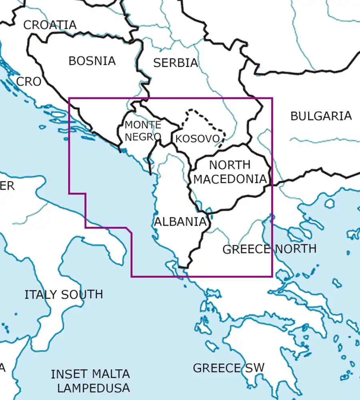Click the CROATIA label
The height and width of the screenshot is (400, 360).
pos(50,25)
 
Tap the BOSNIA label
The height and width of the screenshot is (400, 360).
pos(92,61)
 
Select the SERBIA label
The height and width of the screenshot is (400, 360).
pos(176,63)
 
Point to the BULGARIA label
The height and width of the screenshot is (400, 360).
pos(321,116)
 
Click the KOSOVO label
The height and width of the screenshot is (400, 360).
pos(198,139)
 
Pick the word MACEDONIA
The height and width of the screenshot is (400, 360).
pos(230,179)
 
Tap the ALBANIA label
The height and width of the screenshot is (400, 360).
pos(180,222)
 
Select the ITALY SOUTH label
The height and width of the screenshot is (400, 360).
pos(64,295)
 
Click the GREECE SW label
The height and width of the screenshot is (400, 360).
pos(229,368)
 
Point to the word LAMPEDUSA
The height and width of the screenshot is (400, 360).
pos(94,388)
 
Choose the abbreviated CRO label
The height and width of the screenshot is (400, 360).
pos(29,82)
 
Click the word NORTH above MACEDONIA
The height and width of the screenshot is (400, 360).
pos(230,165)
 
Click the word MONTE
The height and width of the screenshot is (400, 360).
pos(143,125)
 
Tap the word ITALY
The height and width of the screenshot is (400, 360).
pos(41,295)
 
